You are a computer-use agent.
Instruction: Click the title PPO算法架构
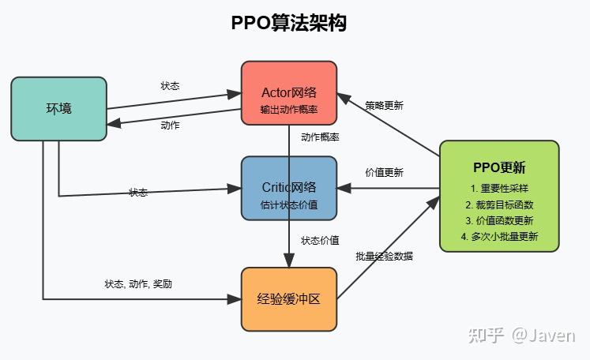[x=288, y=23]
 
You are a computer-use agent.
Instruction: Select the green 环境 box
[x=58, y=108]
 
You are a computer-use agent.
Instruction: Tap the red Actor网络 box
[x=289, y=93]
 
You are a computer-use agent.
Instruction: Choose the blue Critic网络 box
[x=289, y=188]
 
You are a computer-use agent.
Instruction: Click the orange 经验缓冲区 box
[x=289, y=299]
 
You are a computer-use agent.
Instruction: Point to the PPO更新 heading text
[x=499, y=167]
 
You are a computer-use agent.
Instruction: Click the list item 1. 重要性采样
[x=499, y=189]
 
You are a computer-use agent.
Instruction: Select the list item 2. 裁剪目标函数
[x=499, y=204]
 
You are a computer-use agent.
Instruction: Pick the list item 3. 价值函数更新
[x=499, y=220]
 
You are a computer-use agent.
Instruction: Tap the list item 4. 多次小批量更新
[x=499, y=236]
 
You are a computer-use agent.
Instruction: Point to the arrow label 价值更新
[x=384, y=172]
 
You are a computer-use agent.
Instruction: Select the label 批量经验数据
[x=385, y=256]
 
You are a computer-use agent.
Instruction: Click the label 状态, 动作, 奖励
[x=138, y=283]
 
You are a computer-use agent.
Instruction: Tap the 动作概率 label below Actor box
[x=320, y=137]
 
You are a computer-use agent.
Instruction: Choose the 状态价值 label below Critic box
[x=320, y=240]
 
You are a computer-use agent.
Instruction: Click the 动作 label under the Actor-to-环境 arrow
[x=170, y=126]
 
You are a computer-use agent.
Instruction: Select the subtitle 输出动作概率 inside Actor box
[x=289, y=109]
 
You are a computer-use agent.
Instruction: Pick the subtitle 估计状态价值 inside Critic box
[x=289, y=204]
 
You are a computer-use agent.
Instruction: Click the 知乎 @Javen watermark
[x=521, y=335]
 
